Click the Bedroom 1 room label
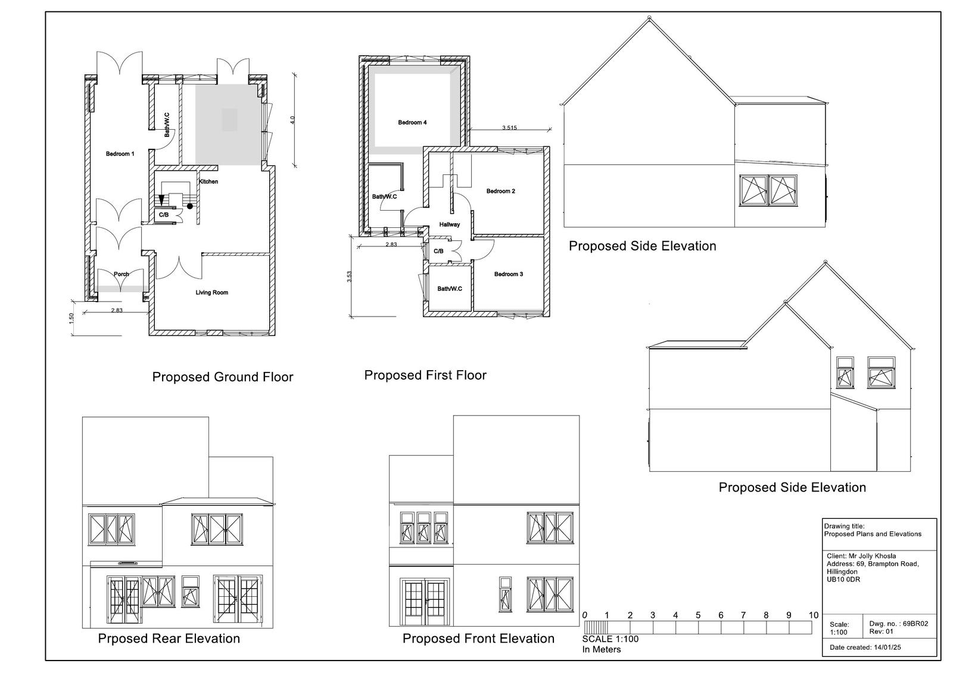coord(120,154)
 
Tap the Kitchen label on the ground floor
coord(208,181)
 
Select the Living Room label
coord(212,293)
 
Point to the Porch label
coord(122,274)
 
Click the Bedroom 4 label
coord(412,123)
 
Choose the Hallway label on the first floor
coord(450,224)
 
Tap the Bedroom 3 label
coord(509,274)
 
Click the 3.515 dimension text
coord(509,127)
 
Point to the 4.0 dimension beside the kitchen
coord(292,120)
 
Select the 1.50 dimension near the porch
coord(71,318)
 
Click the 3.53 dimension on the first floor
coord(350,277)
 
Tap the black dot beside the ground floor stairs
coord(190,206)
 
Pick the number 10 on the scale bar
coord(814,615)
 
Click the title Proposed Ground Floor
coord(223,377)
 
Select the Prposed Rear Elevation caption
coord(169,638)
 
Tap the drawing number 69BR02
coord(915,624)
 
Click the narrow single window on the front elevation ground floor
coord(505,594)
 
